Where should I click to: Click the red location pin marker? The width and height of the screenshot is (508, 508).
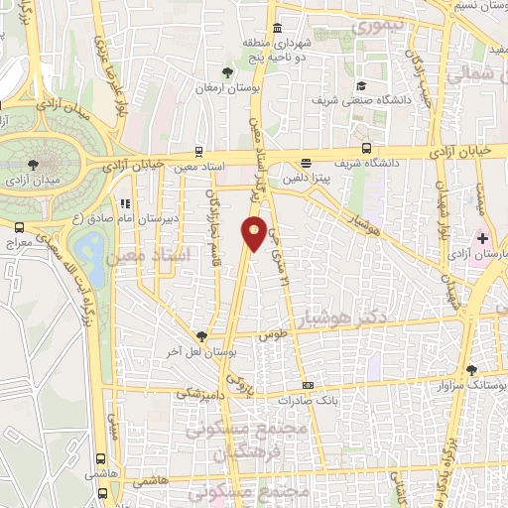point(254,232)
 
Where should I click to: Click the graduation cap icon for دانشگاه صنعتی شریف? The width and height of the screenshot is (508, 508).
point(361,86)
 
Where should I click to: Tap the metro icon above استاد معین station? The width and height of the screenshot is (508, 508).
point(200,152)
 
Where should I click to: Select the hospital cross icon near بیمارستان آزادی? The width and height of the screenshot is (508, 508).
point(482,240)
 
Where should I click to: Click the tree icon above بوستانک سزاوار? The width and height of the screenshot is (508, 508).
point(471,370)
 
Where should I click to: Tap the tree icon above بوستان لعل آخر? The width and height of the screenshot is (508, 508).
point(202,336)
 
